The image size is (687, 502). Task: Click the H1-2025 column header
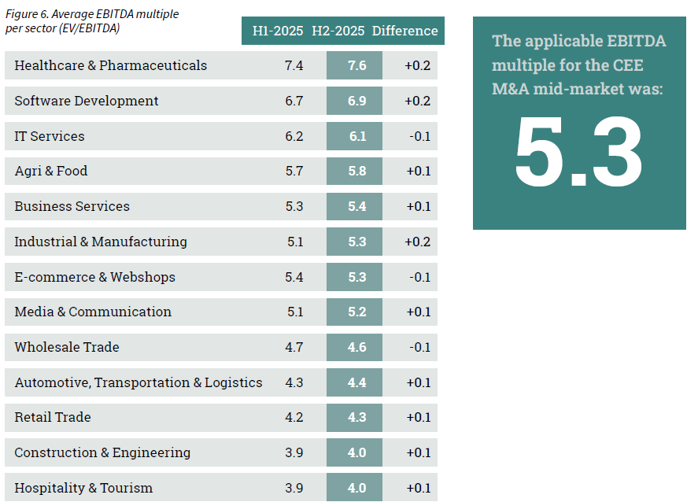click(276, 31)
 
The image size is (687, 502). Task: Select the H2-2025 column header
click(338, 31)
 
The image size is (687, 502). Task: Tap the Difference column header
click(404, 31)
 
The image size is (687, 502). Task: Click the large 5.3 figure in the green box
click(578, 153)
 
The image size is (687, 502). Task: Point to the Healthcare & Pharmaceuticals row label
click(111, 65)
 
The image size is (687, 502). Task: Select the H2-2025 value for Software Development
click(357, 101)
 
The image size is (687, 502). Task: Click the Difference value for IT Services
click(419, 136)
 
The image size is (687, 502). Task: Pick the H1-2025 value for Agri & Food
click(294, 171)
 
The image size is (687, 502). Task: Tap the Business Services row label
click(72, 206)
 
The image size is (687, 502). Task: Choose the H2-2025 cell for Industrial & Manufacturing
click(357, 242)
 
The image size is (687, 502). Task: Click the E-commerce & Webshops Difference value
click(419, 277)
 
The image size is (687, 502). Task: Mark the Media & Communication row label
click(93, 312)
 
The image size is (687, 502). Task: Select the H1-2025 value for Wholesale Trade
click(294, 347)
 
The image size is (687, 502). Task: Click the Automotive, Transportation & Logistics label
click(139, 382)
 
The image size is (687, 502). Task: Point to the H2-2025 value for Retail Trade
click(357, 417)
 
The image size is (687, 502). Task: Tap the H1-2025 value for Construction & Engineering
click(294, 452)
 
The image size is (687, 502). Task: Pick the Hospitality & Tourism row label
click(83, 488)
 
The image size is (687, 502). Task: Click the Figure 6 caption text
click(92, 21)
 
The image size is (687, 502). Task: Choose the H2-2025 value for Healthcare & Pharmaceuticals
click(357, 65)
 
